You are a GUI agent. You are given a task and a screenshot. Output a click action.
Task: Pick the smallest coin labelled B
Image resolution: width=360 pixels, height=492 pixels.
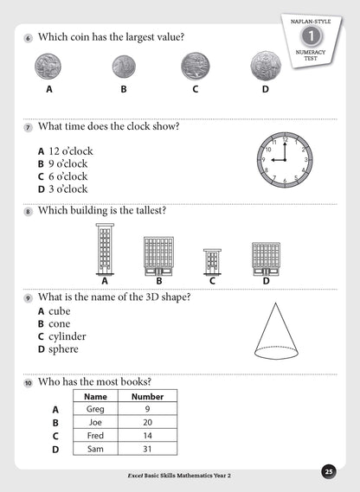[x=124, y=66]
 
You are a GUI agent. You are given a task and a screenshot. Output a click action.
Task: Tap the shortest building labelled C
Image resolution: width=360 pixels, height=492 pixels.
[x=212, y=261]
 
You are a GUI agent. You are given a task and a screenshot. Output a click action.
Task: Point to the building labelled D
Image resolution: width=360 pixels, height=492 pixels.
[x=266, y=258]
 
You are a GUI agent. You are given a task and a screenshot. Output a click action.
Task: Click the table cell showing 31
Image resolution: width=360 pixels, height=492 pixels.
[x=146, y=450]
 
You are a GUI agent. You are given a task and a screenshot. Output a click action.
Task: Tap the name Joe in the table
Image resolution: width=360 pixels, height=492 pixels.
[x=95, y=423]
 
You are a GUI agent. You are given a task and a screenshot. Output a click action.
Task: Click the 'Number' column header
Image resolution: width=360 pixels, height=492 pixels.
[x=146, y=397]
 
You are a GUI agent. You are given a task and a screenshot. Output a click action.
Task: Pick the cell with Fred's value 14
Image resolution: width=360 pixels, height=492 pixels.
[x=146, y=436]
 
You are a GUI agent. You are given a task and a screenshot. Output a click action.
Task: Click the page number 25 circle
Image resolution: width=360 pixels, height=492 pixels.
[x=328, y=471]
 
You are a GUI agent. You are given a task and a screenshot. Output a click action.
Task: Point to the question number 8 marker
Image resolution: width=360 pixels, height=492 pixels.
[x=28, y=211]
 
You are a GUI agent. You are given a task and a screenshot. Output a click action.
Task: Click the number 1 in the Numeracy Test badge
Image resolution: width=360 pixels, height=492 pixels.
[x=306, y=38]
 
